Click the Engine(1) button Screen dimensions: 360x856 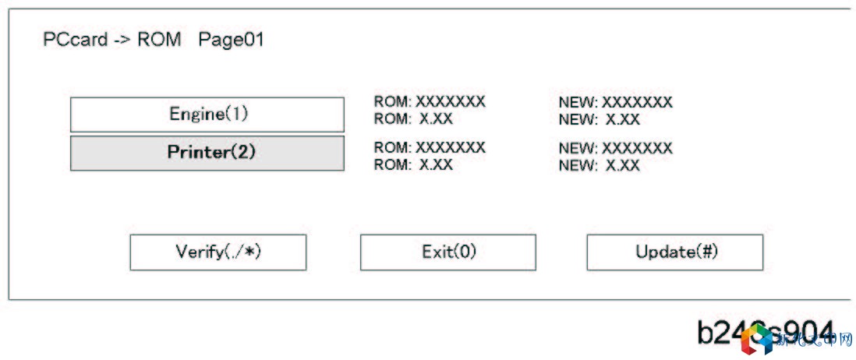207,115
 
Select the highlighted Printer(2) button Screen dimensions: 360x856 207,153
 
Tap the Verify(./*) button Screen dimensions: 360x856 218,252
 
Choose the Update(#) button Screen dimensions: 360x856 674,252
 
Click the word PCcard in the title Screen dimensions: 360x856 75,40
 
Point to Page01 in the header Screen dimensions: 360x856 231,40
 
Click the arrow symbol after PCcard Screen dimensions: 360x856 122,40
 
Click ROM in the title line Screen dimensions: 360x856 159,40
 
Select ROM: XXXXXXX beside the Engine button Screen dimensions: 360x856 430,101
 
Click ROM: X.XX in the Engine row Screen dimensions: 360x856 413,119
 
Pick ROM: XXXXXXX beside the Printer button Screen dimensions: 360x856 430,147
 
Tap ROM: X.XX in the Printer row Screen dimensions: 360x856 413,165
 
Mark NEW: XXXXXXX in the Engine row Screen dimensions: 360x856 615,102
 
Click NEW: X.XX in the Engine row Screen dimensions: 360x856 599,119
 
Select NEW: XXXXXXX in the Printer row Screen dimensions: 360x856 615,148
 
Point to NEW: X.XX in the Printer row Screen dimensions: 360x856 599,165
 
